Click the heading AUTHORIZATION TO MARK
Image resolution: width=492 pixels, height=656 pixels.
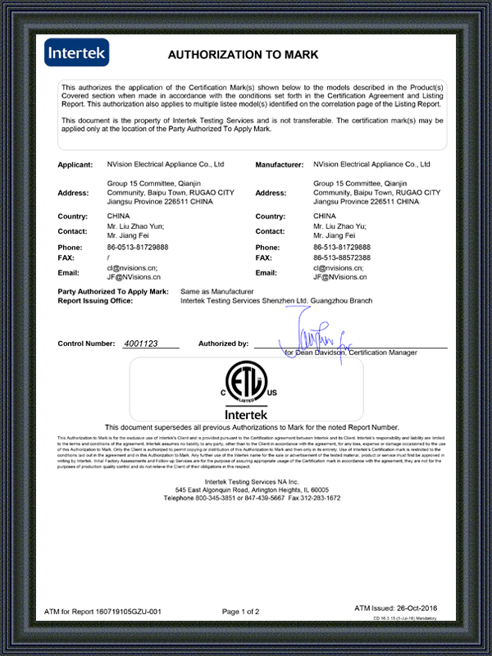[242, 55]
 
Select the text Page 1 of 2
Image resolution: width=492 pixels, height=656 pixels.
[240, 612]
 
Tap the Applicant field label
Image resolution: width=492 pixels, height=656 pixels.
[75, 165]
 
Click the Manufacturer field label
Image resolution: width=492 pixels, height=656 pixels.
[280, 165]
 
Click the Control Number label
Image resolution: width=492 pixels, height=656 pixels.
[87, 344]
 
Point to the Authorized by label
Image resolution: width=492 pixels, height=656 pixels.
[223, 344]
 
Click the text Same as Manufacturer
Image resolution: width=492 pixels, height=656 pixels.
[216, 292]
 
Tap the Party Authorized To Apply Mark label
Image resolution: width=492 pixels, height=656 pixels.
[113, 292]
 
